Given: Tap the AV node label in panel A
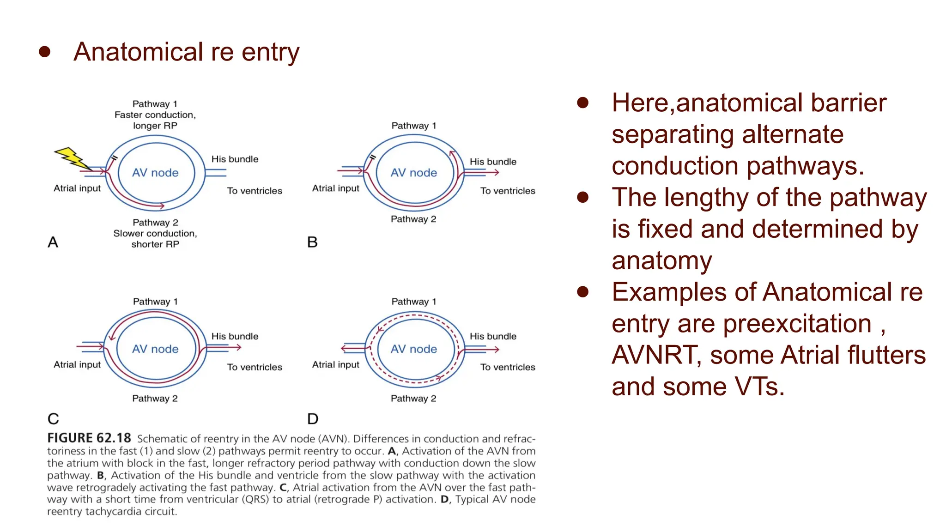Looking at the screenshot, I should (x=155, y=173).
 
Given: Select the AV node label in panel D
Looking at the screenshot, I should (x=413, y=349).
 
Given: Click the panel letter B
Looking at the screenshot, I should (x=312, y=242).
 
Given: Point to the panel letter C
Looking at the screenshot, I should (x=53, y=419).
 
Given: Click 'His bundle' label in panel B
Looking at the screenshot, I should (x=493, y=162).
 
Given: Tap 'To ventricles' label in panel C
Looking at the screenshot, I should (x=255, y=367).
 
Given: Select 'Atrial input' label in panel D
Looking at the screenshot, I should (x=335, y=364).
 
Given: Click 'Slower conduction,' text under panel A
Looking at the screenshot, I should (x=155, y=233).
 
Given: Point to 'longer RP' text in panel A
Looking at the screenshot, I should (x=155, y=126).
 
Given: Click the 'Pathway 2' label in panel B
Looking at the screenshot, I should (x=413, y=219).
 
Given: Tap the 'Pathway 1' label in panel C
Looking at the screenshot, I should (x=155, y=302).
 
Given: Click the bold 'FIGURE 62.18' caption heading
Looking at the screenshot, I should (x=89, y=438).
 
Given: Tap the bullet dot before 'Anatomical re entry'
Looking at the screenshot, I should (x=45, y=52).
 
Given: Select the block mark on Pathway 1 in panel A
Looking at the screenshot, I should (x=114, y=158).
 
